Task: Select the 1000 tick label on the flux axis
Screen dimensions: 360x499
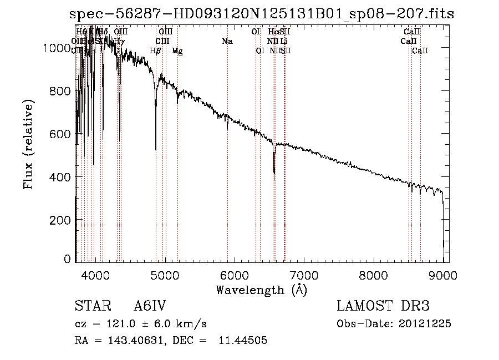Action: tap(58, 48)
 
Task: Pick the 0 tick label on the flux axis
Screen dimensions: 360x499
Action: tap(68, 259)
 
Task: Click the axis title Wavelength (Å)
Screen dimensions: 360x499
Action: tap(261, 289)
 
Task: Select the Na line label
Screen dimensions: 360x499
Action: tap(227, 42)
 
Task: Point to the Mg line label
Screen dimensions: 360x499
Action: tap(177, 51)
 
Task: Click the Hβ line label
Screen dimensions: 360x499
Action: tap(155, 51)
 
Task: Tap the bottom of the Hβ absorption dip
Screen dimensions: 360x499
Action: tap(156, 149)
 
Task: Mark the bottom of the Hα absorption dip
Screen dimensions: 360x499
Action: tap(274, 173)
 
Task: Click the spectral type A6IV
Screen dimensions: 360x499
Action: tap(150, 307)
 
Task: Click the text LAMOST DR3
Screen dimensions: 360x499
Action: tap(382, 307)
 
